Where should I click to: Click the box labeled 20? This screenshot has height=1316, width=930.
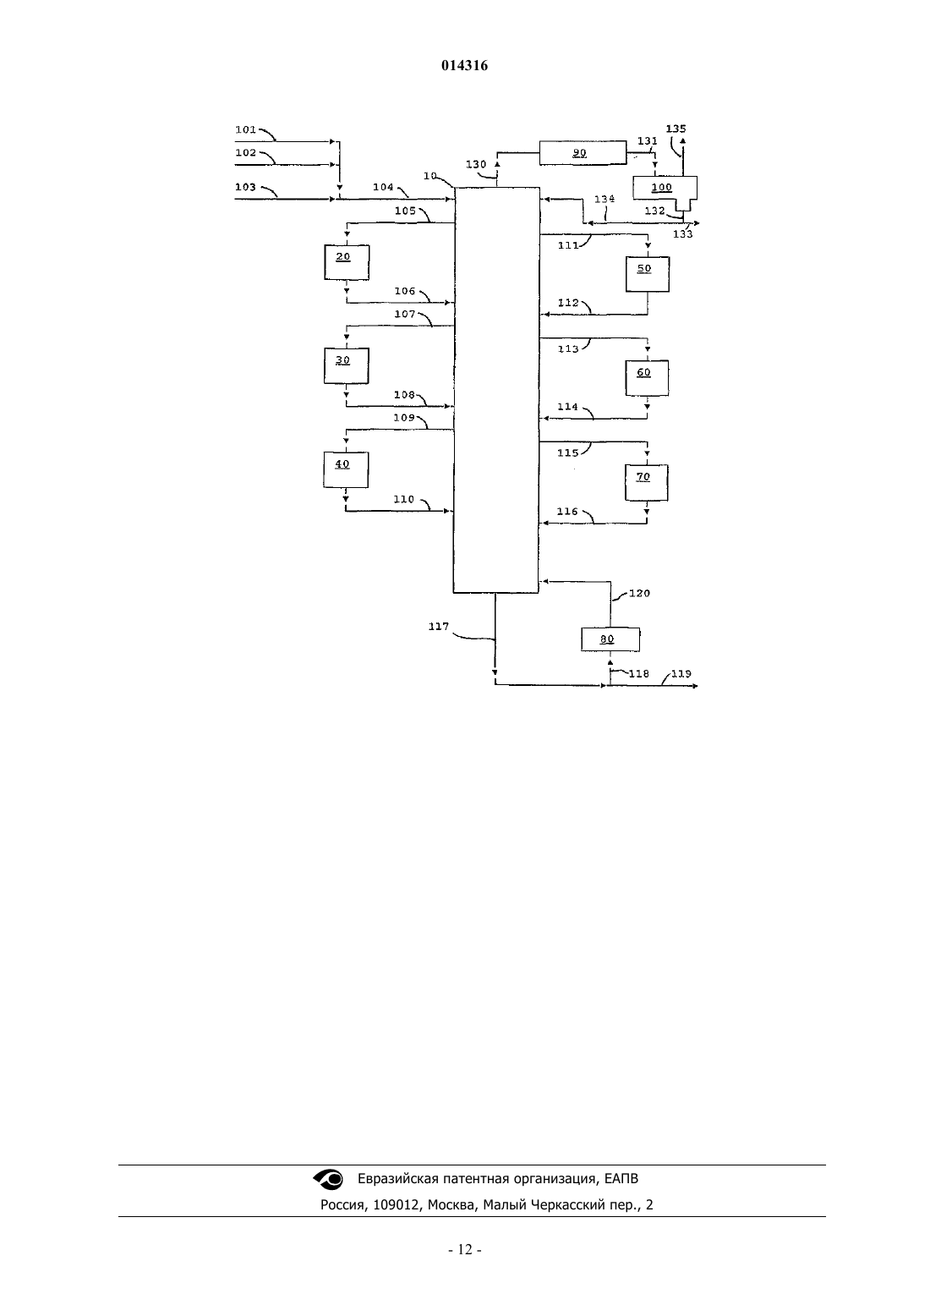click(347, 262)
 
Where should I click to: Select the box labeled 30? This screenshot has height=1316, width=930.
click(347, 366)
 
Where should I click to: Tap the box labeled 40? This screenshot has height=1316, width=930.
click(346, 469)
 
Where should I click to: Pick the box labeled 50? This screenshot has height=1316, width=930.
click(647, 274)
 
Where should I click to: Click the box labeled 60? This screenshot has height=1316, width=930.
click(647, 378)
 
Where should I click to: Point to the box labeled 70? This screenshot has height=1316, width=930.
click(646, 482)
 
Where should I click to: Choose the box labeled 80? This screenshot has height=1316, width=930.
click(610, 639)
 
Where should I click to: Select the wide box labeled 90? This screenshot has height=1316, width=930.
click(583, 153)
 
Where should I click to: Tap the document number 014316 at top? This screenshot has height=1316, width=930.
click(464, 65)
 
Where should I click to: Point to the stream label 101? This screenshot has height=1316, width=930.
click(245, 129)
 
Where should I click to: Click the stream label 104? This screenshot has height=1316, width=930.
click(383, 187)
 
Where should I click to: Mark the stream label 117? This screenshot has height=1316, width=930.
click(439, 626)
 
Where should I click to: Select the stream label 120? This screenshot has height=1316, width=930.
click(639, 593)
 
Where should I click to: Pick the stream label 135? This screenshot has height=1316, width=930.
click(676, 128)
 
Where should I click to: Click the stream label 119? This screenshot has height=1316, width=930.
click(681, 673)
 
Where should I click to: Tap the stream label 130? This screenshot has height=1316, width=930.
click(475, 164)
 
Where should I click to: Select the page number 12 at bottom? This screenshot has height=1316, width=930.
click(465, 1250)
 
